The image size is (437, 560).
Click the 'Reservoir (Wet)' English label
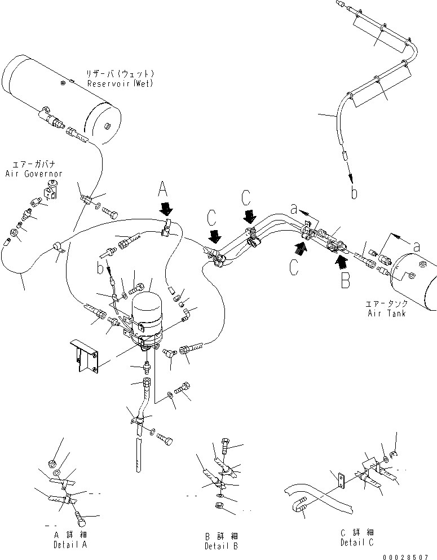pyautogui.click(x=120, y=83)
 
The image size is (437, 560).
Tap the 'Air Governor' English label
pyautogui.click(x=33, y=174)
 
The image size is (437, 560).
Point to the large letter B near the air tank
pyautogui.click(x=345, y=280)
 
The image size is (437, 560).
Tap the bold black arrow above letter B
pyautogui.click(x=341, y=260)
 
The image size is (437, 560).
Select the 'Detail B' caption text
pyautogui.click(x=222, y=545)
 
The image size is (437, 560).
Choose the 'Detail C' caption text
pyautogui.click(x=357, y=542)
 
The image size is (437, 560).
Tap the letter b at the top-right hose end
pyautogui.click(x=354, y=193)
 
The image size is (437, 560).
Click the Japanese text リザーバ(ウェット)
pyautogui.click(x=120, y=74)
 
